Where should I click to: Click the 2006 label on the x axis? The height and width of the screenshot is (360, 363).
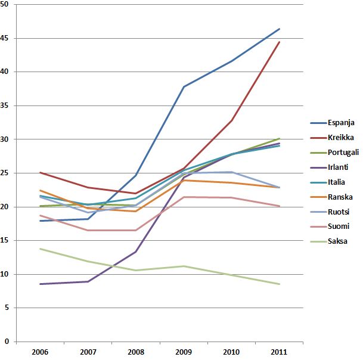pos(41,352)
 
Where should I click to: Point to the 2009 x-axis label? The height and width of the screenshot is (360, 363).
pos(184,352)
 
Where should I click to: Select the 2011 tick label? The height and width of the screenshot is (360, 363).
pos(280,352)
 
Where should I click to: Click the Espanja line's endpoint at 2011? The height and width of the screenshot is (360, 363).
pos(280,29)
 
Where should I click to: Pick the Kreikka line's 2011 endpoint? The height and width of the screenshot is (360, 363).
pos(280,42)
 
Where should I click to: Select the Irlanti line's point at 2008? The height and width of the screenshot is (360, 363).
pos(136,252)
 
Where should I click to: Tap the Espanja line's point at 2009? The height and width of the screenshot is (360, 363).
pos(184,86)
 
